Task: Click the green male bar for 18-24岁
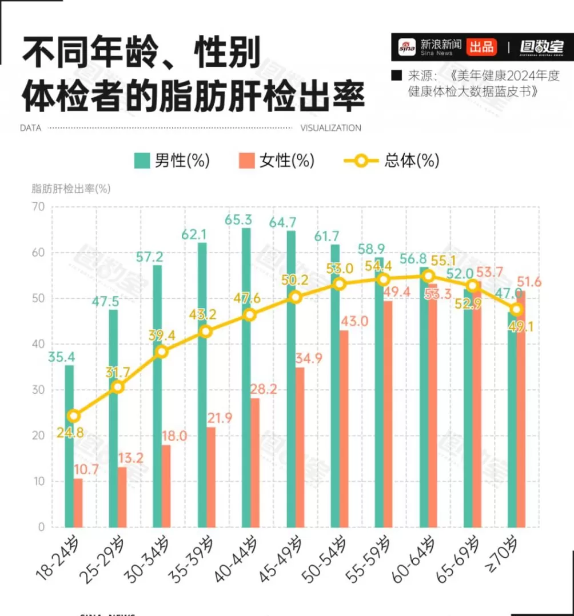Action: [x=69, y=446]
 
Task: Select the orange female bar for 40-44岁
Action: [x=255, y=463]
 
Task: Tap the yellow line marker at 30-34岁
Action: [x=162, y=352]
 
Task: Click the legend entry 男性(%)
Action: [x=172, y=161]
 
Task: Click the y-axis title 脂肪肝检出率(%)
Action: [x=70, y=189]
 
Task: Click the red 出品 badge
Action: [x=481, y=46]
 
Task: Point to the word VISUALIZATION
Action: [x=330, y=128]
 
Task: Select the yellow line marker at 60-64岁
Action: [x=428, y=276]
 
